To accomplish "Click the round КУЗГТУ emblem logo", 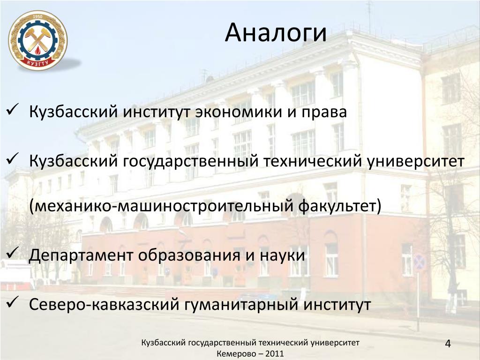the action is (37, 41).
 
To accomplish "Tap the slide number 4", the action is (448, 344).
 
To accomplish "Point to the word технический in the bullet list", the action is (313, 161).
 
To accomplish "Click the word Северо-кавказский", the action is (104, 305).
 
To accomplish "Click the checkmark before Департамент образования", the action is (13, 252).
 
